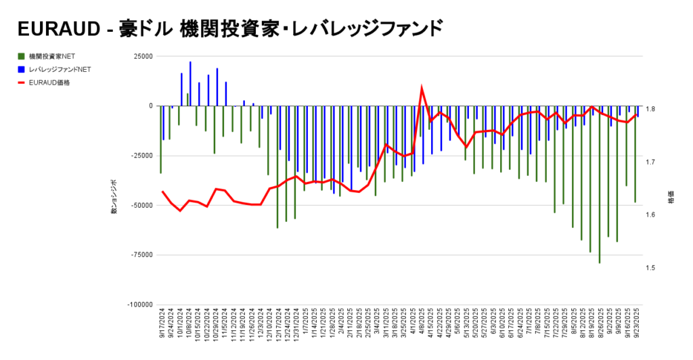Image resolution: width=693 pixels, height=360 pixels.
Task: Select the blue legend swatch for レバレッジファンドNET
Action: click(x=22, y=69)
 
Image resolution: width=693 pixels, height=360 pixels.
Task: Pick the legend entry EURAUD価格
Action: click(x=49, y=83)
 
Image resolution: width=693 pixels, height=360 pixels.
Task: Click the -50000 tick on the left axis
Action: click(x=140, y=205)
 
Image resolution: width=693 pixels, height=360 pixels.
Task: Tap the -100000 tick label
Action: click(x=139, y=305)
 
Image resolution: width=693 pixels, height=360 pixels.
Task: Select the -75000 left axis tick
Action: click(x=140, y=255)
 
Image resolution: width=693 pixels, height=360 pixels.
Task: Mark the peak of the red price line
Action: click(x=422, y=88)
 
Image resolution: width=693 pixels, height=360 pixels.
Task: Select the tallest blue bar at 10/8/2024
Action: click(x=190, y=83)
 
